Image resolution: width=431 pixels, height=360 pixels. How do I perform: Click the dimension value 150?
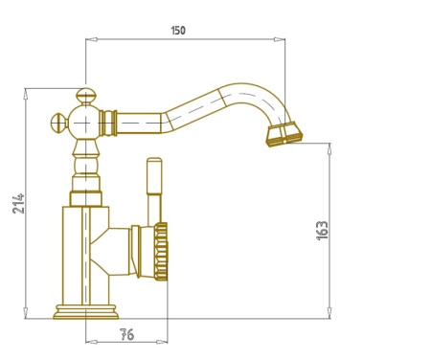coord(178,31)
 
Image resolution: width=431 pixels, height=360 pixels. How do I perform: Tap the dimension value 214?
coord(18,203)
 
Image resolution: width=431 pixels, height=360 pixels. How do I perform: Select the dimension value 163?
coord(322,230)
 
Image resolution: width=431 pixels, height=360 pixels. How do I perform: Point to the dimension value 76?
coord(127,334)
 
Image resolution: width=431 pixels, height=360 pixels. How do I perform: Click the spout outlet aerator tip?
coord(284,134)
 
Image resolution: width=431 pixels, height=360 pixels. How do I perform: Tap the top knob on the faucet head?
coord(86,96)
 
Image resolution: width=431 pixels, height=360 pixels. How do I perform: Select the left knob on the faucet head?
coord(59,123)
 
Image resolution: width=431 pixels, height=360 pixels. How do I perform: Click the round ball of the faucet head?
coord(85,123)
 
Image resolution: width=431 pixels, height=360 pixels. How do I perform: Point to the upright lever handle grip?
coord(154,175)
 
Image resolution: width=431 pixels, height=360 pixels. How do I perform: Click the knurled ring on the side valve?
coord(161,252)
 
